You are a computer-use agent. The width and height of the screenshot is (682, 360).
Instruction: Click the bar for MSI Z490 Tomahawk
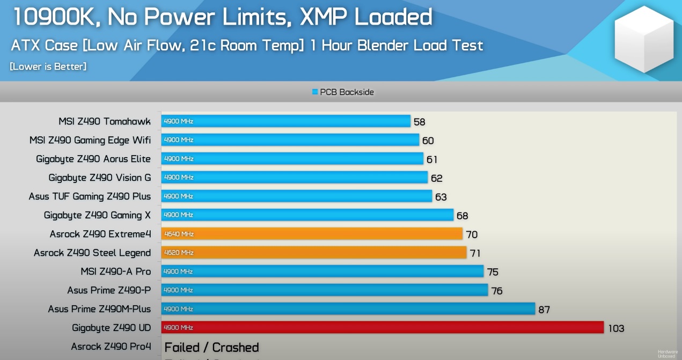pyautogui.click(x=286, y=121)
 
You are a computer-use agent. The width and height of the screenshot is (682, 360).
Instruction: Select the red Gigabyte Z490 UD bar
pyautogui.click(x=383, y=327)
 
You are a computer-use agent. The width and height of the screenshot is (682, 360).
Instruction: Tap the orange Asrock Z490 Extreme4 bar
pyautogui.click(x=312, y=234)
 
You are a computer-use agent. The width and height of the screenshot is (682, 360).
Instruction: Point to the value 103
pyautogui.click(x=616, y=328)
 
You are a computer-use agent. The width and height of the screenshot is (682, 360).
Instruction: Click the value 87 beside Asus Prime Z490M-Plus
pyautogui.click(x=544, y=310)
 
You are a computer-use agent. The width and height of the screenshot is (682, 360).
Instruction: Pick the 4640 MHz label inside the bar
pyautogui.click(x=179, y=234)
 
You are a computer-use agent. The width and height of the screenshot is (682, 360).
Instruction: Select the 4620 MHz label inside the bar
pyautogui.click(x=179, y=253)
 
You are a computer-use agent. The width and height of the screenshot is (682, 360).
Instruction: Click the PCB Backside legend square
pyautogui.click(x=315, y=92)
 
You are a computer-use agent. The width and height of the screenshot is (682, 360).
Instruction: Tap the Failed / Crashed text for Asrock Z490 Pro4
pyautogui.click(x=211, y=347)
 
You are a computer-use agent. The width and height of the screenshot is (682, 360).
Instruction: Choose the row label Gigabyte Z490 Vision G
pyautogui.click(x=100, y=178)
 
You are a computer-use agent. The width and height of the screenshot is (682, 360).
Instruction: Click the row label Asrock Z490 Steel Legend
pyautogui.click(x=92, y=253)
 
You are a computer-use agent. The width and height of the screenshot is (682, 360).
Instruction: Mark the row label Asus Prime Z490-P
pyautogui.click(x=109, y=290)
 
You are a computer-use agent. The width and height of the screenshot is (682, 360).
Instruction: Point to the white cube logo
pyautogui.click(x=643, y=40)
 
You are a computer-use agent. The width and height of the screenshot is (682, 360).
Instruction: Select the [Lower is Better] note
pyautogui.click(x=48, y=67)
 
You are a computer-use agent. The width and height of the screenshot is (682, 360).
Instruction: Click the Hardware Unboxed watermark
pyautogui.click(x=668, y=354)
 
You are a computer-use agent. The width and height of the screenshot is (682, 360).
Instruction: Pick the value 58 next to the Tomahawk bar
pyautogui.click(x=420, y=122)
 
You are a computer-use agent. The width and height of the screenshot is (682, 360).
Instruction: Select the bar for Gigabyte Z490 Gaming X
pyautogui.click(x=307, y=215)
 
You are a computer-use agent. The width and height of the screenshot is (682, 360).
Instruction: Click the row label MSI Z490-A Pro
pyautogui.click(x=116, y=271)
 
